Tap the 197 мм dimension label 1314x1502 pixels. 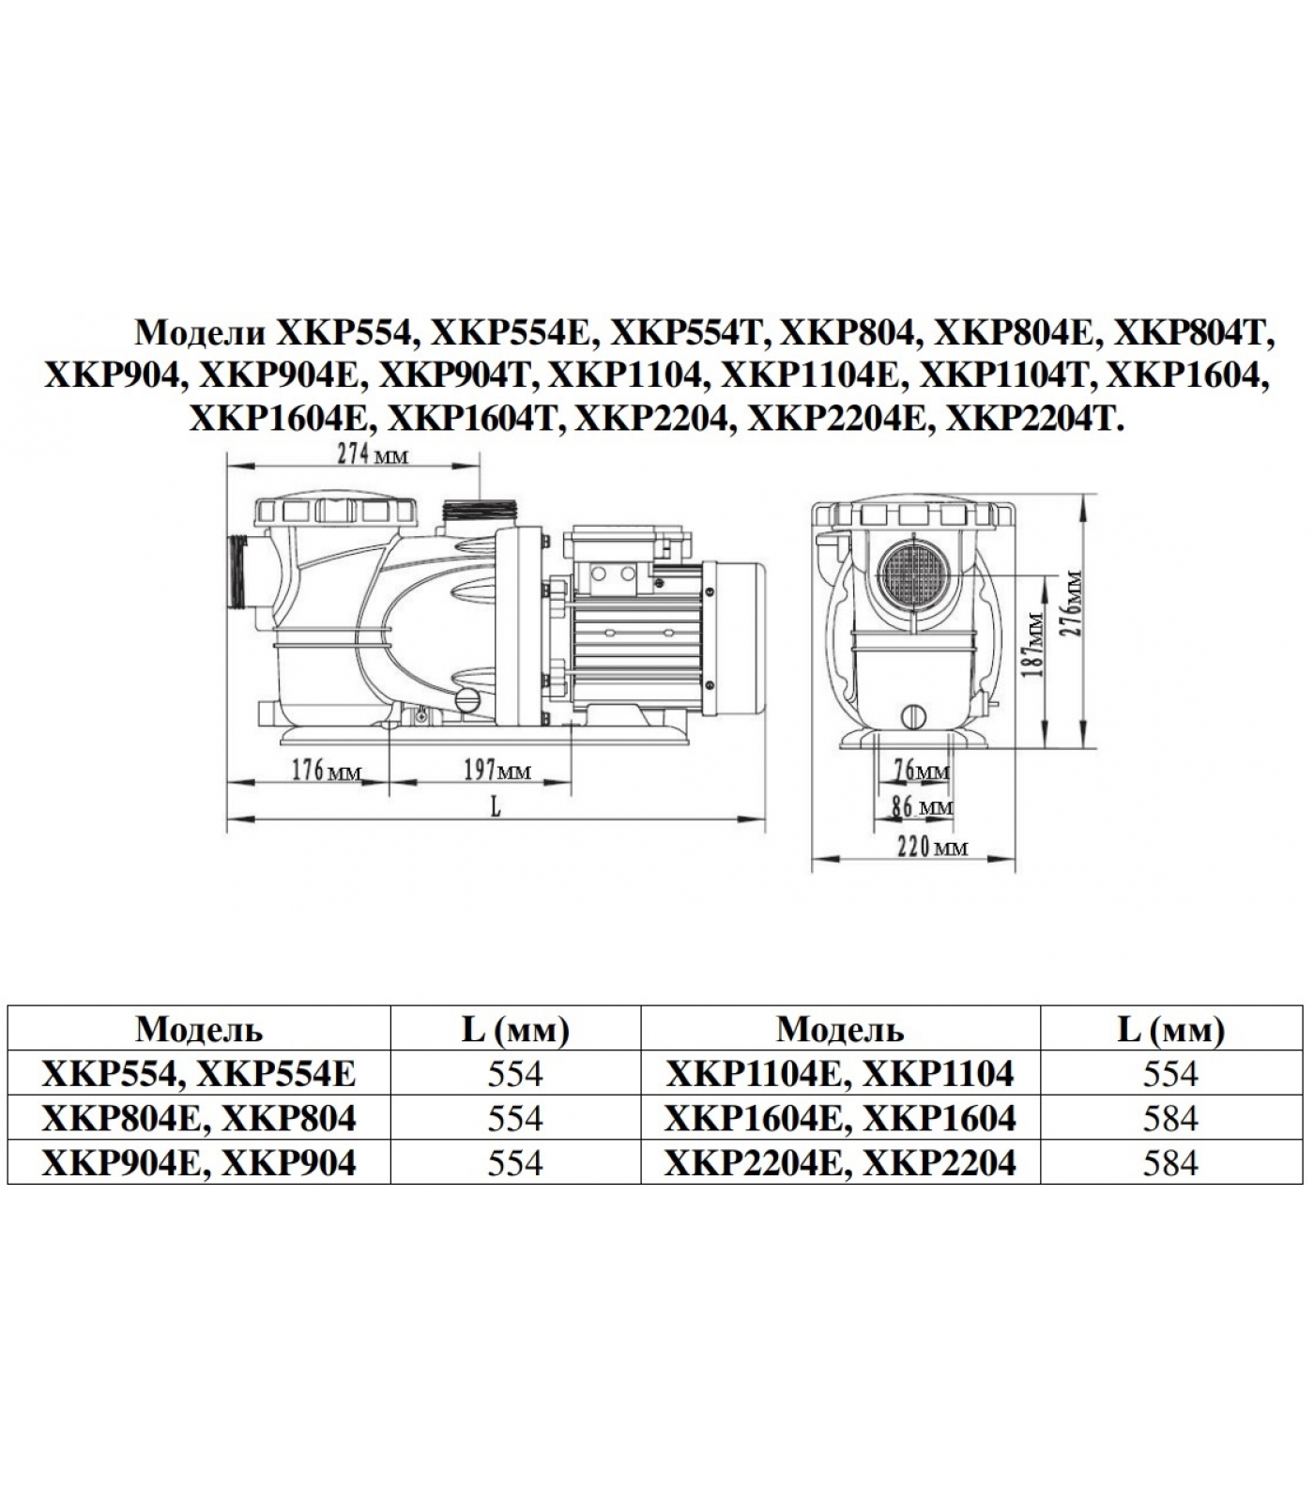point(497,771)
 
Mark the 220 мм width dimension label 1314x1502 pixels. point(932,848)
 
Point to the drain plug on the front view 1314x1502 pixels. point(914,715)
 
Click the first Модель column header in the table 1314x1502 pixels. point(199,1030)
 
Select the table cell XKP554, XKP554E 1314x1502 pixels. point(199,1073)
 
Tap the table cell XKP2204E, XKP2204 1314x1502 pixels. point(839,1163)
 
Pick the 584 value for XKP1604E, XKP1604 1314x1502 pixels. point(1170,1118)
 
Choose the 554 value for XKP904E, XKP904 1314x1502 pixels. point(515,1163)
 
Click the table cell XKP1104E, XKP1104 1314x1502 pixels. point(839,1073)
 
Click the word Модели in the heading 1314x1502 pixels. point(200,332)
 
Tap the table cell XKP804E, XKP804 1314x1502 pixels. point(199,1118)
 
